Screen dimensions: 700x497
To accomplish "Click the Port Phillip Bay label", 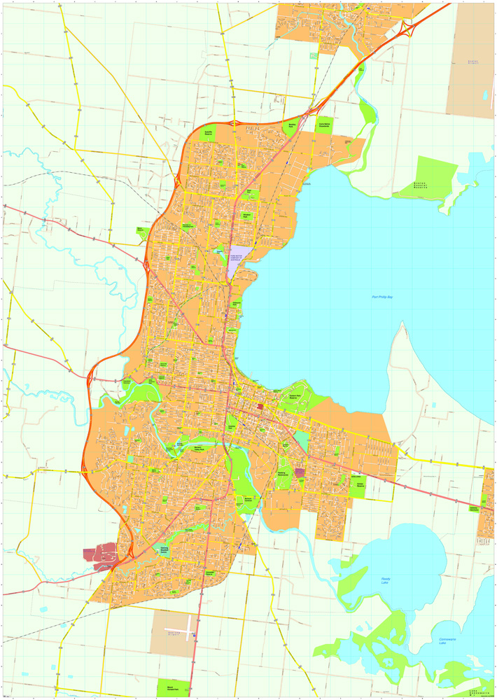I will (383, 297).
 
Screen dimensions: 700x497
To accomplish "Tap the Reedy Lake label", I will (386, 580).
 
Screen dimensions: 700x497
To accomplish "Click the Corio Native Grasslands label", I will (324, 125).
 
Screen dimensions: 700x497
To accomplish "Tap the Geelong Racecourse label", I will (282, 474).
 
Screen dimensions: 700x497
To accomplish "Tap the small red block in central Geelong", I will (260, 406).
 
